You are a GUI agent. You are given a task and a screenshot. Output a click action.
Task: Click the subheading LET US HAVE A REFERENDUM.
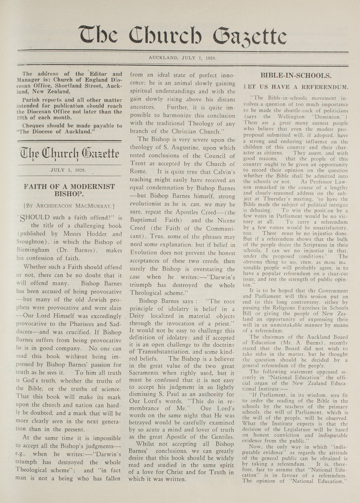coord(296,87)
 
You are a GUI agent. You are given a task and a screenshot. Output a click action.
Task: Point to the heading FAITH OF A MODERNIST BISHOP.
coord(69,190)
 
